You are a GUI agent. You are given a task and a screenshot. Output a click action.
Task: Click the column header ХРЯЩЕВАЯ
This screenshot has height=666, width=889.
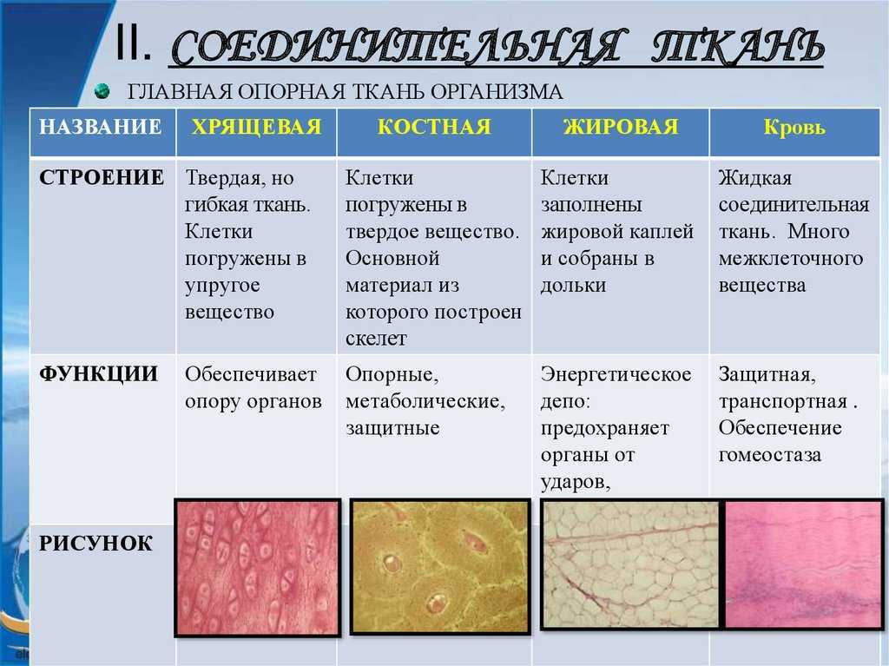coord(256,127)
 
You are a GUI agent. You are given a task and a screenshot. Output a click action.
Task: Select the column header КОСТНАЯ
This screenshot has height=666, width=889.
coord(434,127)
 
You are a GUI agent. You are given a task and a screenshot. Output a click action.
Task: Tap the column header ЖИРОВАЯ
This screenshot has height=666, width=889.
coord(621,127)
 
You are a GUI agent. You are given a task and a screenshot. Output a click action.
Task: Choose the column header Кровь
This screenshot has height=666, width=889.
coord(794,127)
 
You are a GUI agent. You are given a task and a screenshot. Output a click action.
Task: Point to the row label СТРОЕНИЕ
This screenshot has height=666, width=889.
coord(102,177)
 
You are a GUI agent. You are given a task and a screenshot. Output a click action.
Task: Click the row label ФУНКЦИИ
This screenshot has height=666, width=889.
coord(99,374)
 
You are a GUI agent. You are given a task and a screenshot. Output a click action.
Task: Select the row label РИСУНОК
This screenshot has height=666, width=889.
coord(95,544)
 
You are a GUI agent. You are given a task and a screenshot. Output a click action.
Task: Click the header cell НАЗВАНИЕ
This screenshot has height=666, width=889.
coord(101,127)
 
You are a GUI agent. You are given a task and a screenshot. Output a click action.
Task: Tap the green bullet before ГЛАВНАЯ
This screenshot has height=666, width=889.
coord(102,91)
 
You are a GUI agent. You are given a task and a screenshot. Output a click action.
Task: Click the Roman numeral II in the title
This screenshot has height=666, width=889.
coord(133,43)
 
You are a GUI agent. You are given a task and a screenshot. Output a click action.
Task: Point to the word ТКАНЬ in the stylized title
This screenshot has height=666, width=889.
coord(738,46)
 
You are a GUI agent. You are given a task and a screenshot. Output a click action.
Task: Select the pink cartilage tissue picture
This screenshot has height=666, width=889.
coord(257,568)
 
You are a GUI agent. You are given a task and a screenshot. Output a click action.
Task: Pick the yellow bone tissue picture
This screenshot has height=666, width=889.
coord(440,566)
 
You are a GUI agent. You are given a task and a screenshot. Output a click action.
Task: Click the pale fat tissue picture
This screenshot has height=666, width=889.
coord(631,565)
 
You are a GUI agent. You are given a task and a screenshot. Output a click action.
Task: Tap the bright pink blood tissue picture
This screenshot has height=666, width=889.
coord(803,564)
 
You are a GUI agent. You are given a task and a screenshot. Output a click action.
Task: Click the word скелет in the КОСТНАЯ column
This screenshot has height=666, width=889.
coord(376,339)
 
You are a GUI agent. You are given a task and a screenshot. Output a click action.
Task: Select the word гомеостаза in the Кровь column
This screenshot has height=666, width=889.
coord(770,455)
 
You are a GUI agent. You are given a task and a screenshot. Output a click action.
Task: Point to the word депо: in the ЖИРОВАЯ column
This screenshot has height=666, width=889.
coord(565,402)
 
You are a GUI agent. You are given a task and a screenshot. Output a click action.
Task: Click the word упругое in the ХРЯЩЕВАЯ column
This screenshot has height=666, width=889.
coord(222,286)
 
